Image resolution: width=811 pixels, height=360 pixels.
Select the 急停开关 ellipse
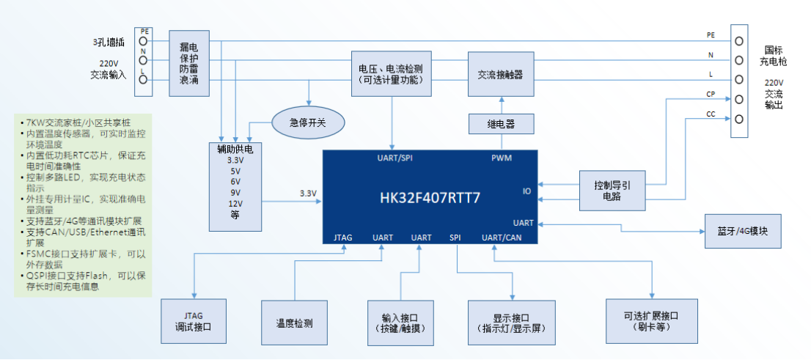[308, 122]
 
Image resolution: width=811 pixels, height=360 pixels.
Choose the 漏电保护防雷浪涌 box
[189, 62]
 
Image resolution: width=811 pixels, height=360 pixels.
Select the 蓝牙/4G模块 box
[743, 231]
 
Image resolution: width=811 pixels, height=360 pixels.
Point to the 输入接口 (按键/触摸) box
[400, 322]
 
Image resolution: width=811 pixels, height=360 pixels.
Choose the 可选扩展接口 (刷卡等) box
[651, 321]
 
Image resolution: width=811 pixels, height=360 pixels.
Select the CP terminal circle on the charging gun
[740, 99]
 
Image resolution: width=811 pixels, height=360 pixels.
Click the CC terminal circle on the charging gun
[740, 119]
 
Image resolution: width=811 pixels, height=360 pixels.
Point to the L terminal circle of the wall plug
[143, 79]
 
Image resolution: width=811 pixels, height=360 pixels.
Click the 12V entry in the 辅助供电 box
[235, 203]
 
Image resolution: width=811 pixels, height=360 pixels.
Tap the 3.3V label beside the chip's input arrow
[308, 194]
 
